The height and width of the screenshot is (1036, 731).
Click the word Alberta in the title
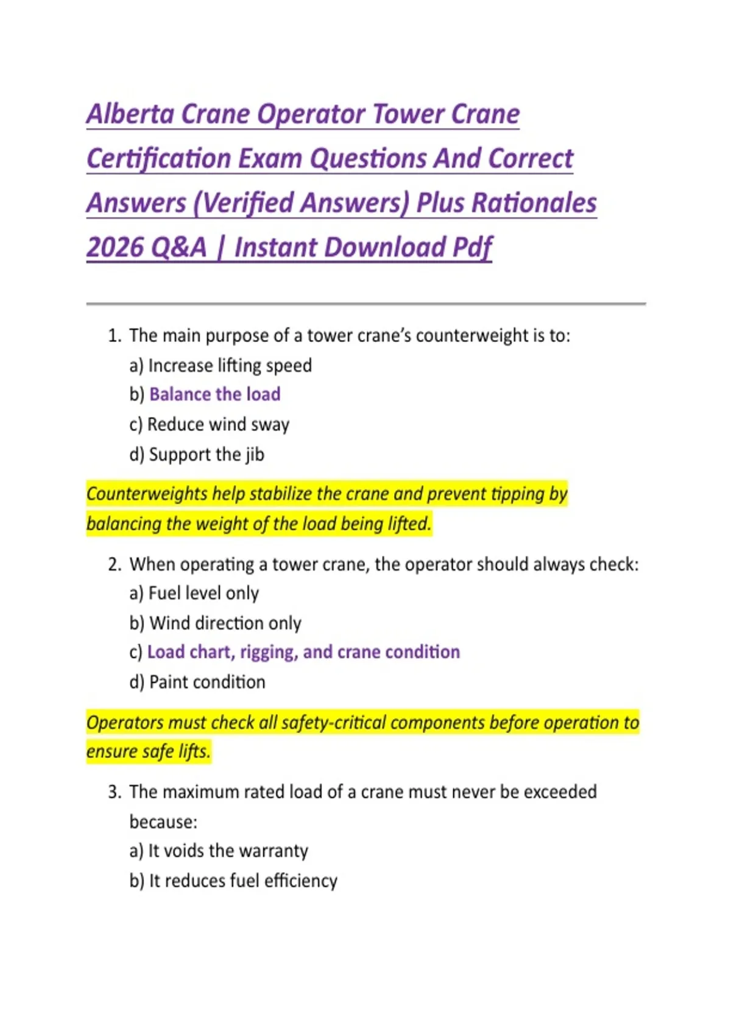(x=130, y=114)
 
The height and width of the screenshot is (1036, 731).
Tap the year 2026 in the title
(x=115, y=247)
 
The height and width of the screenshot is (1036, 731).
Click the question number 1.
(x=114, y=335)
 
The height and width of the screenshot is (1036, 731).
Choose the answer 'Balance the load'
(x=214, y=394)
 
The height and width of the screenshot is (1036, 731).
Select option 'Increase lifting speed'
(x=230, y=365)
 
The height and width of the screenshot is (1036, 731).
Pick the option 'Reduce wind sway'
(x=218, y=424)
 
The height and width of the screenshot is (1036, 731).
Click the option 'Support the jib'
(x=207, y=454)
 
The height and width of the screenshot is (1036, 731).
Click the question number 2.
(x=114, y=564)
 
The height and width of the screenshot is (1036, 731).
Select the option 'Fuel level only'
(x=203, y=593)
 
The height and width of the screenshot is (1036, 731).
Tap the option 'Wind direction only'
(x=225, y=623)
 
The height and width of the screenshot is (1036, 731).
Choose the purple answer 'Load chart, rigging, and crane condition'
(x=303, y=652)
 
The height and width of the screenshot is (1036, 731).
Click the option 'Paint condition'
(x=207, y=682)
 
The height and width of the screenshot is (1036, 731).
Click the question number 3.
(x=114, y=792)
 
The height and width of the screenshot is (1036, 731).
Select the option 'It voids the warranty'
(x=228, y=851)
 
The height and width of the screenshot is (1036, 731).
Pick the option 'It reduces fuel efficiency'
(x=243, y=881)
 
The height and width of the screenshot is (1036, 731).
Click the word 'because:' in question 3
(x=163, y=821)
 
